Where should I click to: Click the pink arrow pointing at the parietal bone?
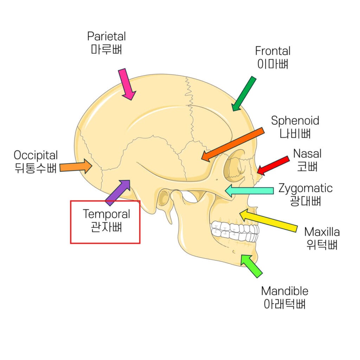point(127,84)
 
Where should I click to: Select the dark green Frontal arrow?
point(244,94)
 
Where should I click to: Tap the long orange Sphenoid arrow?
point(233,145)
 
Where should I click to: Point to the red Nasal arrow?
point(274,165)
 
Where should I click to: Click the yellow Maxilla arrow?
point(269,220)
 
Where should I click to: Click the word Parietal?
point(106,36)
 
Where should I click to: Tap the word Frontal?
point(273,51)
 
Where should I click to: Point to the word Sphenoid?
point(295,121)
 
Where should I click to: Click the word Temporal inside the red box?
point(106,214)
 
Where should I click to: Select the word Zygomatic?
point(305,188)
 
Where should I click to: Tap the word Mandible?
point(285,291)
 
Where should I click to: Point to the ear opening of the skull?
point(163,199)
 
